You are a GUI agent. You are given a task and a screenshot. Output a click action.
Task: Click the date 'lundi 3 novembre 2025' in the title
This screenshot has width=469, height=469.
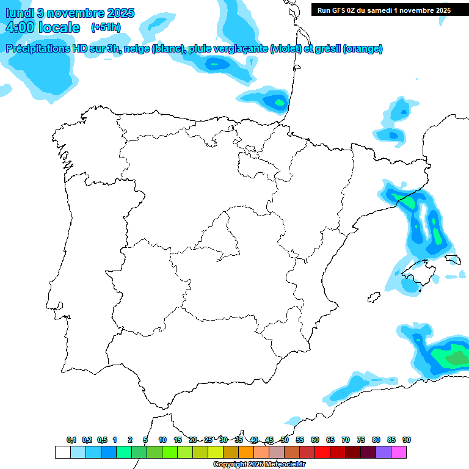tap(70, 13)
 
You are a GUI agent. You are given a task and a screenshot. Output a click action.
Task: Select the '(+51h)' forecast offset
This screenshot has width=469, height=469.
tap(106, 27)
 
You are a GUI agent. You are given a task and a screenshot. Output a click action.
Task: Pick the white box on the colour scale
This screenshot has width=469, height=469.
tap(62, 452)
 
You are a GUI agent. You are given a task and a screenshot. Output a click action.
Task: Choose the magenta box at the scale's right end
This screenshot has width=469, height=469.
tap(399, 452)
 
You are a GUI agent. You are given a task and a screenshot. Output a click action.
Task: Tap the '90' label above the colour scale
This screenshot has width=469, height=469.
tap(406, 440)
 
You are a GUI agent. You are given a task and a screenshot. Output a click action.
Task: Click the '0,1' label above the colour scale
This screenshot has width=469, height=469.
tap(71, 440)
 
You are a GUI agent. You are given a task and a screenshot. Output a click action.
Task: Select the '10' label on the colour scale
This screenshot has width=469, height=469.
tap(162, 440)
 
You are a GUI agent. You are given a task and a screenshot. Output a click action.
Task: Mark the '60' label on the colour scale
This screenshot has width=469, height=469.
tap(314, 440)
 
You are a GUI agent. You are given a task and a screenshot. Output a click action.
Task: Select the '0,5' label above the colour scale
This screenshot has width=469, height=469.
tap(102, 440)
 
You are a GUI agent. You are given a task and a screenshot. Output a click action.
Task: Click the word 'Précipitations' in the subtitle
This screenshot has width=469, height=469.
tap(37, 49)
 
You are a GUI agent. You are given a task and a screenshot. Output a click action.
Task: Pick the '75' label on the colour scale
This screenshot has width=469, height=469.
tap(360, 440)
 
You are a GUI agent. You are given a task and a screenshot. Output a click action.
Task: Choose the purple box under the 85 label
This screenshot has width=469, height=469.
tap(384, 452)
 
